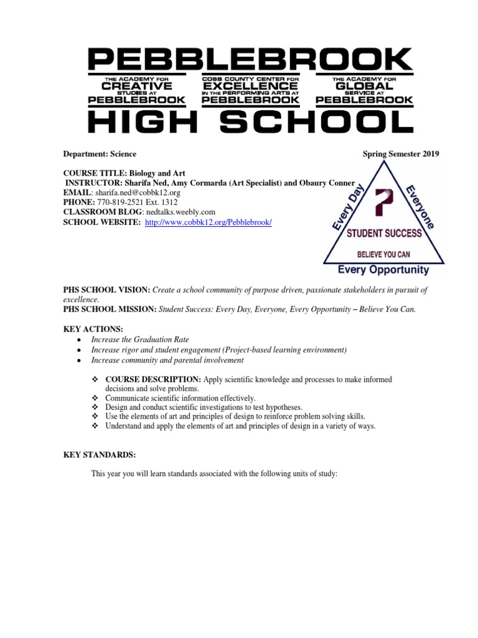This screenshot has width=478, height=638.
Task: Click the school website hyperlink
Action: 208,222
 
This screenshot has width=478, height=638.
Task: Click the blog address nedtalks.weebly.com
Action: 180,212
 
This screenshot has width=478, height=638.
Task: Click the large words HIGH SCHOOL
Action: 250,121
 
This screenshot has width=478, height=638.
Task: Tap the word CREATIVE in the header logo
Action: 136,87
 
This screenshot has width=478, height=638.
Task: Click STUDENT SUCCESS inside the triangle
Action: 384,234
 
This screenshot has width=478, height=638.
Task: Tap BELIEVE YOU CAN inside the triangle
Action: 383,254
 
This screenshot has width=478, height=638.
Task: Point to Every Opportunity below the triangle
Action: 383,270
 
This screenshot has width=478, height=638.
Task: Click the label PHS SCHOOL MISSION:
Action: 110,309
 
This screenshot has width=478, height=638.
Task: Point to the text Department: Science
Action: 100,154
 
